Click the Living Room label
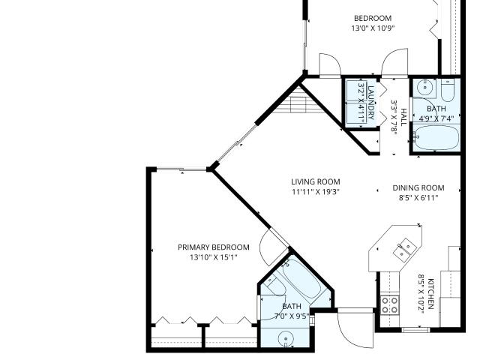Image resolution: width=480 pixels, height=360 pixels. (x=316, y=181)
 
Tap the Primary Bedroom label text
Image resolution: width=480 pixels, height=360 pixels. (x=214, y=247)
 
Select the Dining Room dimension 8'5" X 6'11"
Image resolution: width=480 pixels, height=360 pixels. (x=418, y=198)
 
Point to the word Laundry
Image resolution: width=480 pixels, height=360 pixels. (x=370, y=103)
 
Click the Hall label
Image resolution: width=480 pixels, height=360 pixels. (x=403, y=117)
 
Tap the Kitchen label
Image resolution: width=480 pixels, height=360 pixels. (x=430, y=294)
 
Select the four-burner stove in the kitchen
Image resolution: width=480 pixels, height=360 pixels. (x=390, y=305)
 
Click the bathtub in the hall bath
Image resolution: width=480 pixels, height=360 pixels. (x=436, y=137)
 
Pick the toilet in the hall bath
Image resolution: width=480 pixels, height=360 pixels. (x=447, y=90)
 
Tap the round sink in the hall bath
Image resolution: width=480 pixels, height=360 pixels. (x=425, y=87)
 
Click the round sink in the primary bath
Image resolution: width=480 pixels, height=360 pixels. (x=286, y=339)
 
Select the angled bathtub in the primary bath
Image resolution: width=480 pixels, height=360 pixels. (x=301, y=278)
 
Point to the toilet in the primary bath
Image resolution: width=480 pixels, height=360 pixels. (x=274, y=285)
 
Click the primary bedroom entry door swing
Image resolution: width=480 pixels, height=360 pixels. (x=271, y=248)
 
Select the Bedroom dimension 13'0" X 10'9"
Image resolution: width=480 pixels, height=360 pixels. (x=373, y=28)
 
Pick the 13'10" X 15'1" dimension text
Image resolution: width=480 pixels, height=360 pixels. (x=214, y=257)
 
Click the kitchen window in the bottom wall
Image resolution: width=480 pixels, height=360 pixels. (x=415, y=330)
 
